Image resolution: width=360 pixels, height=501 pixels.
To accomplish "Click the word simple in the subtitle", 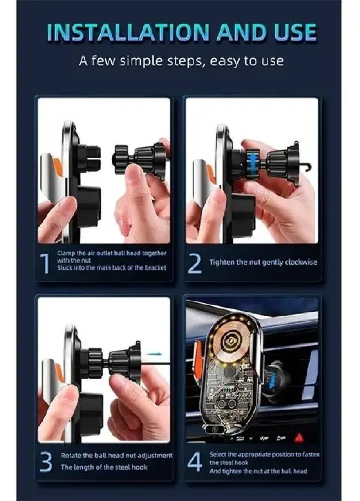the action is point(141,61).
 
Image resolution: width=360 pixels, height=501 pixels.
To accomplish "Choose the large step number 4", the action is point(195,461).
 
